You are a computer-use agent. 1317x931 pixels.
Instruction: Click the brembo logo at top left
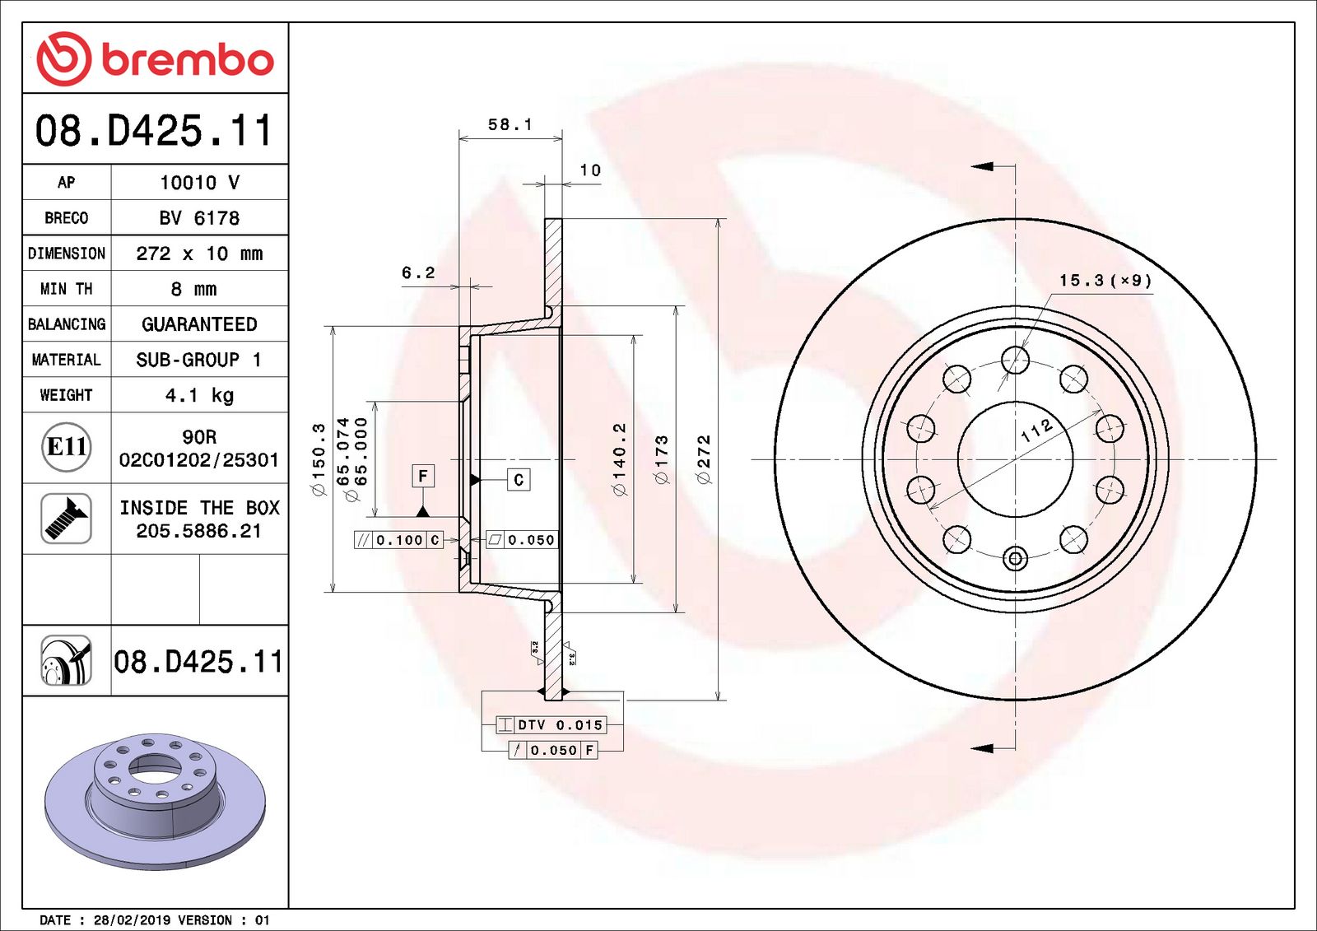click(x=155, y=59)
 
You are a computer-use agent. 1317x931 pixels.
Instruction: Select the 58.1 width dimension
click(x=510, y=125)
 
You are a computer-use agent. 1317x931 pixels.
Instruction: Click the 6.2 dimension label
click(x=418, y=273)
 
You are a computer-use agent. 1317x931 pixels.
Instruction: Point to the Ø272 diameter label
click(x=703, y=459)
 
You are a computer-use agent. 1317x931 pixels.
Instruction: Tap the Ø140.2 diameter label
click(x=619, y=459)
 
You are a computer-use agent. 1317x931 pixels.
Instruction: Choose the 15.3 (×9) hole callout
click(x=1105, y=281)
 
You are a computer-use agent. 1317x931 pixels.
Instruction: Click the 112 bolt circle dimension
click(x=1036, y=430)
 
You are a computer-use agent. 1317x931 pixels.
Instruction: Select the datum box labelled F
click(x=422, y=476)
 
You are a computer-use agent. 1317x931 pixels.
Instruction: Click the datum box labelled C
click(x=518, y=480)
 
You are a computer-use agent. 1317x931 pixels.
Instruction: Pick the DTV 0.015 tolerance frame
click(x=551, y=725)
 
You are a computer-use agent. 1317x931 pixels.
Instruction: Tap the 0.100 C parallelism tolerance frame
click(x=399, y=540)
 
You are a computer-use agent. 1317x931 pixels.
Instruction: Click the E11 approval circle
click(x=67, y=447)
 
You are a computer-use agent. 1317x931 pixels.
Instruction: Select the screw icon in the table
click(x=66, y=519)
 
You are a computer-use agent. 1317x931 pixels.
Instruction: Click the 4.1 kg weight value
click(x=199, y=395)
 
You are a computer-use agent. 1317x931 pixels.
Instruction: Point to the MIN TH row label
click(x=66, y=289)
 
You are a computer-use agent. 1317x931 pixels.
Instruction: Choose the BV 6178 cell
click(x=199, y=218)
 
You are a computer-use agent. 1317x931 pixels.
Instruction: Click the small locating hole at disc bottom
click(x=1015, y=559)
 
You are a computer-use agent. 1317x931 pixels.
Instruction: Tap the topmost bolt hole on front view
click(x=1015, y=360)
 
